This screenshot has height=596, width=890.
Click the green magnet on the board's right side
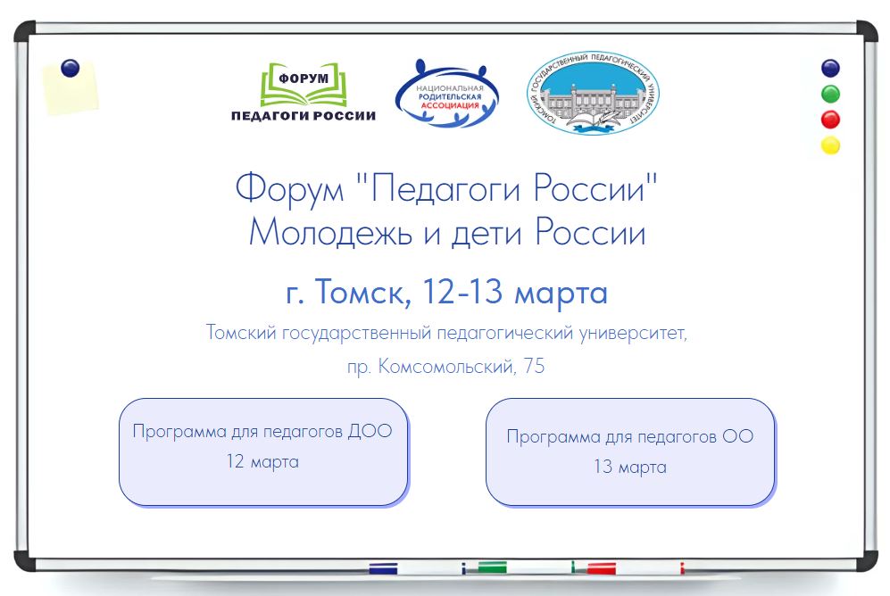coord(830,94)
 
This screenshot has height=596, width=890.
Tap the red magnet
coord(830,120)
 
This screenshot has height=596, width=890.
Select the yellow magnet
coord(830,145)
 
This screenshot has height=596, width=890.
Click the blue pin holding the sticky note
coord(70,68)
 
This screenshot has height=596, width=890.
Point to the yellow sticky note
coord(71,89)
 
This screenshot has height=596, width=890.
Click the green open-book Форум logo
coord(304,84)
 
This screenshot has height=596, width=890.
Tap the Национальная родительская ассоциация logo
coord(447,94)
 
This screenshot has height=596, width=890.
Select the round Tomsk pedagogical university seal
coord(593,93)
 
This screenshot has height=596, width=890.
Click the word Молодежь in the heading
coord(330,233)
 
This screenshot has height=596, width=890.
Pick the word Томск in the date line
coord(362,292)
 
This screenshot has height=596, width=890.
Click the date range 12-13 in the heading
coord(462,291)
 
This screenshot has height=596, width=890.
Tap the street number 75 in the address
coord(534,366)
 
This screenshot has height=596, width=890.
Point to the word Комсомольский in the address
coord(446,367)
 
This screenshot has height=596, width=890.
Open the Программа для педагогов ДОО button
coord(263,451)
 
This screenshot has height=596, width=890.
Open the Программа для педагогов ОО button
coord(630,451)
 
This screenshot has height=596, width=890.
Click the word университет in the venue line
coord(633,333)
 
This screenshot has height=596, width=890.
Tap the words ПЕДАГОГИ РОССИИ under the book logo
coord(304,116)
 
